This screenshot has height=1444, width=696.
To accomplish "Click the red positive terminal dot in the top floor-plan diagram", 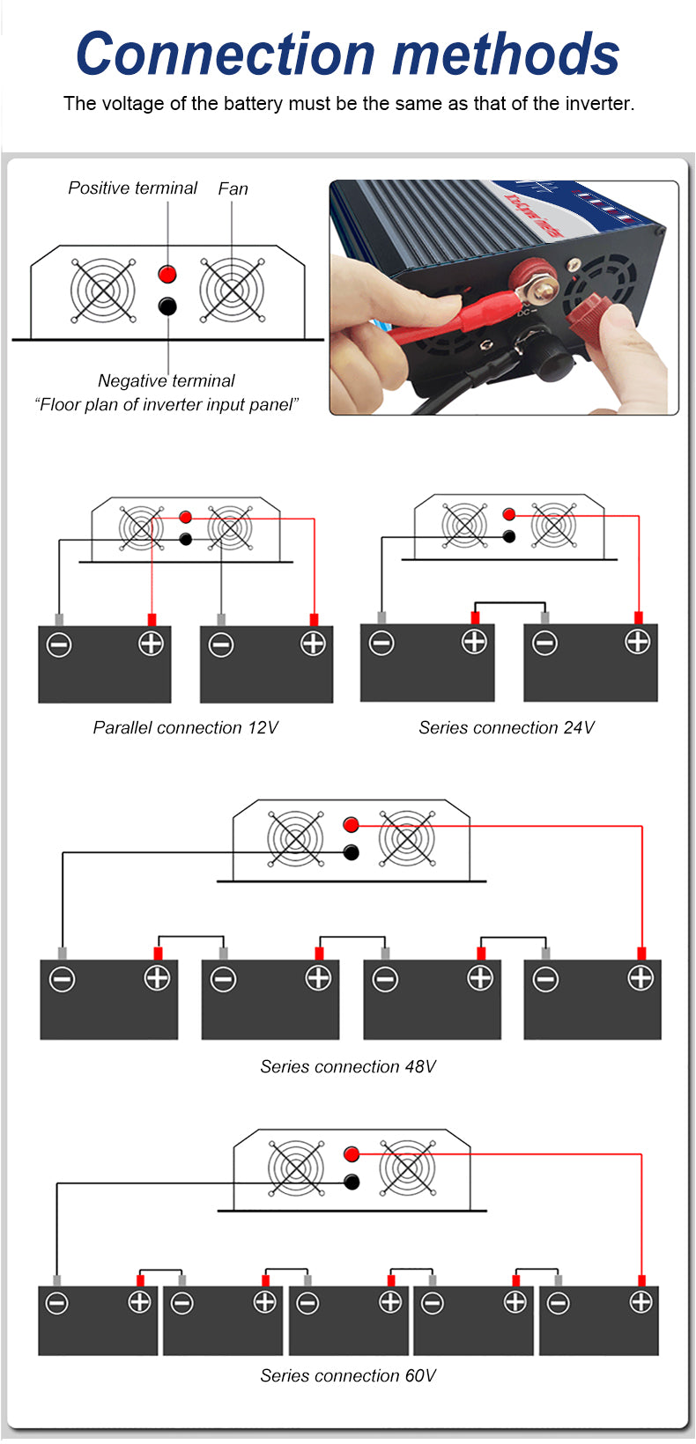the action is (x=167, y=274).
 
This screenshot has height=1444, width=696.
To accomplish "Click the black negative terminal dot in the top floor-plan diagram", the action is (x=167, y=306).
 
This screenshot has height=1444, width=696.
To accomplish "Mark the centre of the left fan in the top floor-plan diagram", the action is (x=103, y=291).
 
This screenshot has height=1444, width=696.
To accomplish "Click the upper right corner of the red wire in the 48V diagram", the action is (x=641, y=826).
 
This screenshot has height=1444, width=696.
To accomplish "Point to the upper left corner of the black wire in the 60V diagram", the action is (x=57, y=1182).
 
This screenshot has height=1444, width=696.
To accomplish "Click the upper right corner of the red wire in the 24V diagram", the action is (x=639, y=516).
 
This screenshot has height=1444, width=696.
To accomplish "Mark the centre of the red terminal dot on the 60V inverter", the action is (x=352, y=1153).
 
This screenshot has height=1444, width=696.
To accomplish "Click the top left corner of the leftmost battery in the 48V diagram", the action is (x=40, y=960).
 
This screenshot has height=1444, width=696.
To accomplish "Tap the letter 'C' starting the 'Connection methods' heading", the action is (x=97, y=55).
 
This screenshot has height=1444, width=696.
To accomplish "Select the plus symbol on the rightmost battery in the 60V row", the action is (x=640, y=1301).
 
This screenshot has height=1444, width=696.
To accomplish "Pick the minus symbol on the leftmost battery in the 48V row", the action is (x=62, y=980).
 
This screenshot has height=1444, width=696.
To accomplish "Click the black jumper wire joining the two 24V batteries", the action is (x=510, y=603).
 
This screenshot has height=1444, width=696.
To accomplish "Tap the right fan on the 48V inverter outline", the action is (x=407, y=839).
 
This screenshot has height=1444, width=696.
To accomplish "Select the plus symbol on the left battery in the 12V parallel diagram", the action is (x=152, y=644).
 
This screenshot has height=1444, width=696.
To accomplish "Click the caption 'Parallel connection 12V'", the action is (x=186, y=728).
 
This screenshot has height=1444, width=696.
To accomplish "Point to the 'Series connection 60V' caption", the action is (x=348, y=1375).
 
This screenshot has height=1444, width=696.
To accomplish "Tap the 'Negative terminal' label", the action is (x=167, y=381).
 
